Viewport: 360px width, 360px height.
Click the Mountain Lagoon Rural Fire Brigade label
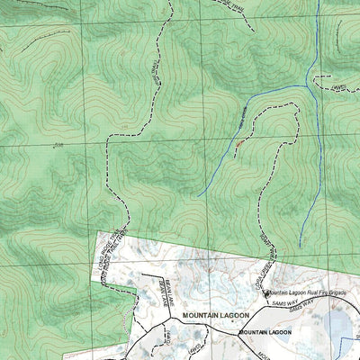click(308, 292)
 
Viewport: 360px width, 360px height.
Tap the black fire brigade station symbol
click(266, 293)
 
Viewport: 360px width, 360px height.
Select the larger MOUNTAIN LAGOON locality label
click(217, 316)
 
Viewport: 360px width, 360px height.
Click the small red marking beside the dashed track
click(238, 143)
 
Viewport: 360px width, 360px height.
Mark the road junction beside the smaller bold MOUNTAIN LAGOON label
click(237, 334)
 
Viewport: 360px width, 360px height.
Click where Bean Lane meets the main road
click(168, 318)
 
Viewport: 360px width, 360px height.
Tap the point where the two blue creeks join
click(309, 87)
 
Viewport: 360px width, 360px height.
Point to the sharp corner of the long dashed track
click(110, 137)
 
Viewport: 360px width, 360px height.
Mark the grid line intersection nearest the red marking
click(216, 137)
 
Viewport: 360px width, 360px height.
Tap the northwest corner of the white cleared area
click(97, 231)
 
